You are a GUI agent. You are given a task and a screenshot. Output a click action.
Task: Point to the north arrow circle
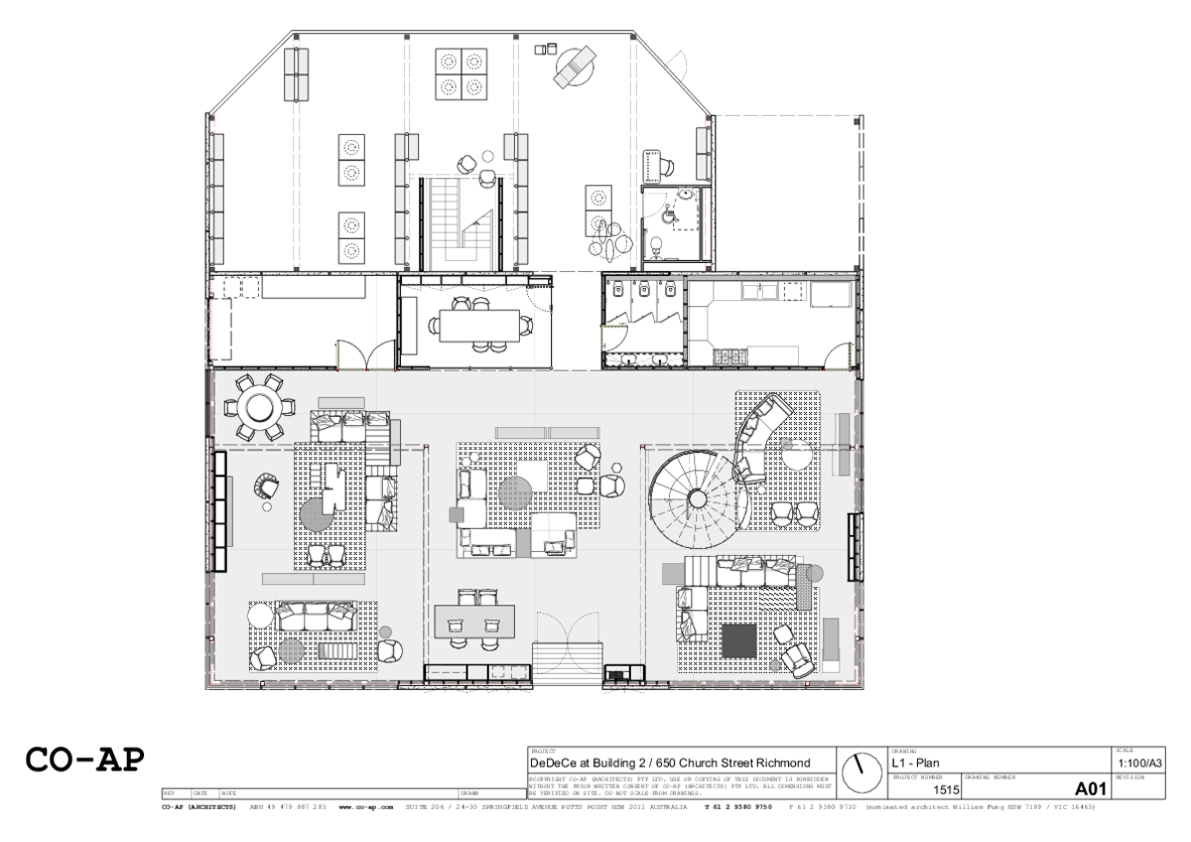tap(861, 770)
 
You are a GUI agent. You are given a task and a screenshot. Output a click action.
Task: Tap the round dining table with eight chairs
tap(260, 407)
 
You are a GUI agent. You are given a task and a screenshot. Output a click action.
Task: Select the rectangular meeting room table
tap(474, 324)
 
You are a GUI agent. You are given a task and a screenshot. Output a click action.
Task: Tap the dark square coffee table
tap(739, 640)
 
